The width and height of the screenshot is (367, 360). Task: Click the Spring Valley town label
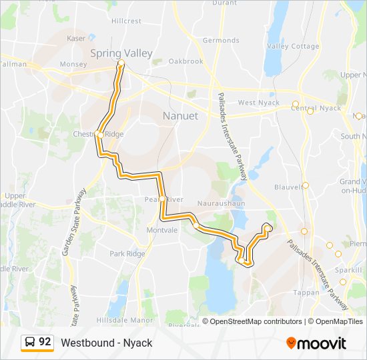(121, 53)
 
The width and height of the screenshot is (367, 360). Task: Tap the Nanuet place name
(180, 116)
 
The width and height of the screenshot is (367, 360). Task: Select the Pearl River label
(163, 199)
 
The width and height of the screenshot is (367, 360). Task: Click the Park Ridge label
(127, 253)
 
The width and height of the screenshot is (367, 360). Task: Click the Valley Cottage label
(293, 46)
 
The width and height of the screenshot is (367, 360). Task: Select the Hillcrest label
(126, 21)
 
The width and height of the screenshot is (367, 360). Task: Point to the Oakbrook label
(186, 61)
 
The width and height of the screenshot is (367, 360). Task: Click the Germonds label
(221, 41)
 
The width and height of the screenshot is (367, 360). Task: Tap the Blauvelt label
(288, 187)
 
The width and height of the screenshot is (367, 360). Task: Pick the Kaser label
(76, 39)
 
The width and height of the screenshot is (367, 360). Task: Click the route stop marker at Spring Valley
(121, 63)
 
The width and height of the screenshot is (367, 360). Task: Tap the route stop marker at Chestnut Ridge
(99, 134)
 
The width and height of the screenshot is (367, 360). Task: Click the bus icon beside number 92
(30, 343)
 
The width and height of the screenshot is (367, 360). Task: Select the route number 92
(45, 342)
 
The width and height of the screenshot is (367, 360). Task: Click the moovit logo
(316, 343)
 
